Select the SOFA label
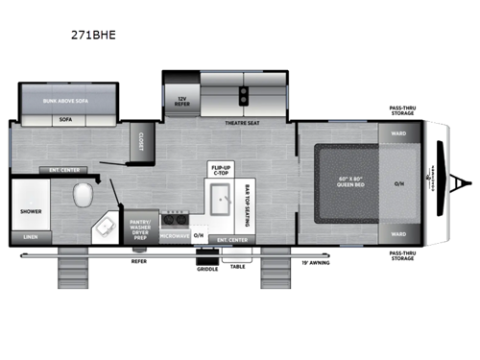tap(66, 122)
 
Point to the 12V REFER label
tap(180, 100)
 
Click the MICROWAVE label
tap(174, 234)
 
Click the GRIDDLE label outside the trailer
tap(208, 268)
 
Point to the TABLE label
tap(238, 266)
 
